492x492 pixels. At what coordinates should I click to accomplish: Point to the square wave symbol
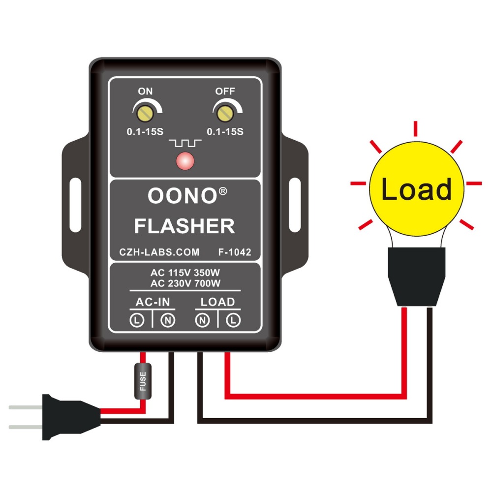click(x=185, y=143)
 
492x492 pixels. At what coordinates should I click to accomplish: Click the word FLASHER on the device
click(x=184, y=226)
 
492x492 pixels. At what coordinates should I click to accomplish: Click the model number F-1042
click(x=235, y=252)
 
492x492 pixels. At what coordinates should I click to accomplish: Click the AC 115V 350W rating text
click(x=185, y=273)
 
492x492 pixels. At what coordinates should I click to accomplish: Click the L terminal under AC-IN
click(x=137, y=321)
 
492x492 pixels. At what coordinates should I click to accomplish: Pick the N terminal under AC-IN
click(x=168, y=321)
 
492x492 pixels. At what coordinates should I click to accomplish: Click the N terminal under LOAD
click(x=202, y=321)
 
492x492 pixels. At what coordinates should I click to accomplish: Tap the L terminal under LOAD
click(x=234, y=321)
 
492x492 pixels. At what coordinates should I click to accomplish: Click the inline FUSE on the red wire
click(x=143, y=381)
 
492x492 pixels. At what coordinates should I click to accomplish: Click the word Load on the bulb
click(x=416, y=189)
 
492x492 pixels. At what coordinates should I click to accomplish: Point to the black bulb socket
click(x=416, y=277)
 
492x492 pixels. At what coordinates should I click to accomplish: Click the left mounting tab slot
click(x=75, y=195)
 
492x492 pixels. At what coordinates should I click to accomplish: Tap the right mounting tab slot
click(x=295, y=195)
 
